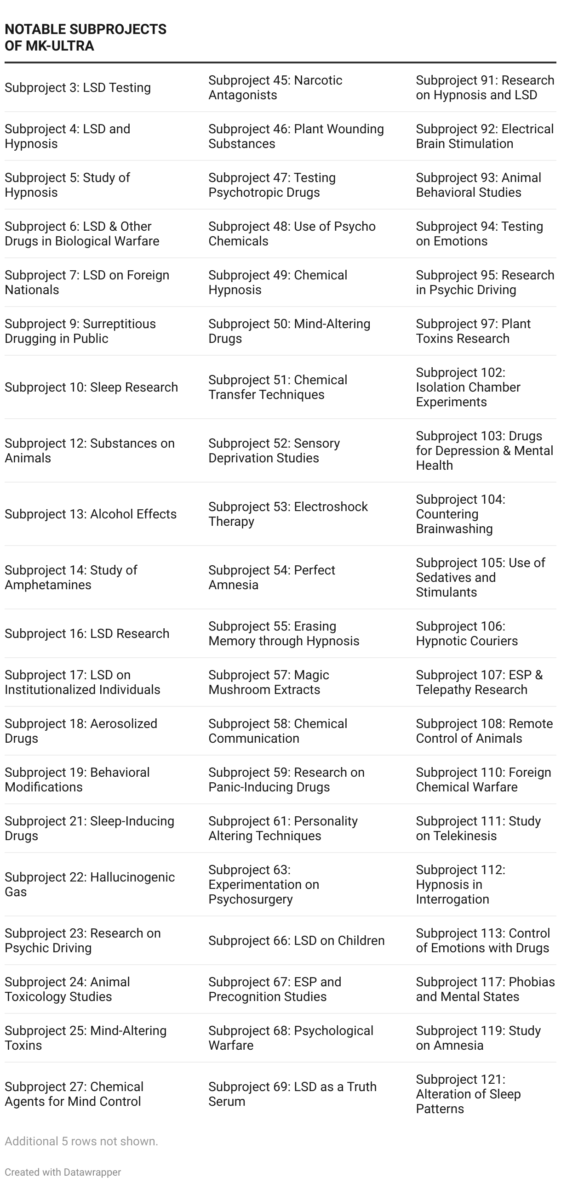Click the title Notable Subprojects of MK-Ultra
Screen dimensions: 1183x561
tap(86, 37)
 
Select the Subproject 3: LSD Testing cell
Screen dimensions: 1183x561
tap(78, 87)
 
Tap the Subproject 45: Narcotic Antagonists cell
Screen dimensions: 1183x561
tap(275, 87)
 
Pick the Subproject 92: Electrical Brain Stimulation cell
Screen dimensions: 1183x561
tap(485, 136)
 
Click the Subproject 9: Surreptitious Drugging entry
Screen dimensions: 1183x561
tap(80, 331)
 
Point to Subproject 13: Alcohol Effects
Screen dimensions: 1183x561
tap(91, 514)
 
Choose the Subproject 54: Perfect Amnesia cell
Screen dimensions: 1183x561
tap(272, 577)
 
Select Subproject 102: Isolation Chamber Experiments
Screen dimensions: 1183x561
tap(468, 387)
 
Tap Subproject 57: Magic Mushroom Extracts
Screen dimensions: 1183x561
tap(269, 682)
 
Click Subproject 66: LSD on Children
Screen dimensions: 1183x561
tap(296, 940)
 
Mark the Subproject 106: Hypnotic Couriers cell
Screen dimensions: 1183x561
tap(467, 633)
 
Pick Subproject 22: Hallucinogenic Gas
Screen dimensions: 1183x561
tap(90, 884)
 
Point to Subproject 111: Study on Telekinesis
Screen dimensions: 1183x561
tap(478, 828)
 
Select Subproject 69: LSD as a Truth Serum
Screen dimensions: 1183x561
tap(292, 1094)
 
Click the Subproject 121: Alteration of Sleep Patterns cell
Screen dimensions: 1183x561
tap(468, 1094)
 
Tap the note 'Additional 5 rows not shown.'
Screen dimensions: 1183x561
tap(81, 1141)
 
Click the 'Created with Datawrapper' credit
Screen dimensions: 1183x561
tap(63, 1172)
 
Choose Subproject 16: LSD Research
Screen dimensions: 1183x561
tap(87, 633)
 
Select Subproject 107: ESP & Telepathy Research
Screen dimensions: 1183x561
tap(479, 682)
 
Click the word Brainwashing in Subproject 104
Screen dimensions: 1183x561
tap(454, 529)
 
